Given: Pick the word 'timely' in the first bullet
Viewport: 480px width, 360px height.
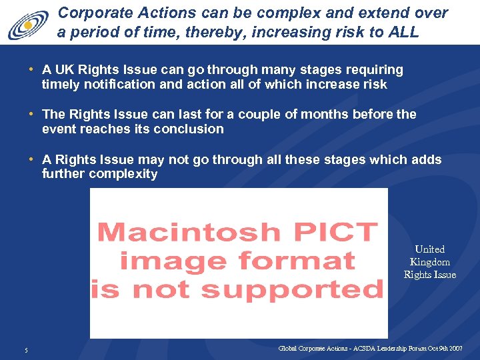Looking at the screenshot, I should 59,84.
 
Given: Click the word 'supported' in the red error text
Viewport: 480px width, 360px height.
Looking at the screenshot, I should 293,289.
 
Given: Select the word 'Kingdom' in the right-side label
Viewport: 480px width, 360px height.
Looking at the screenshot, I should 429,262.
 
